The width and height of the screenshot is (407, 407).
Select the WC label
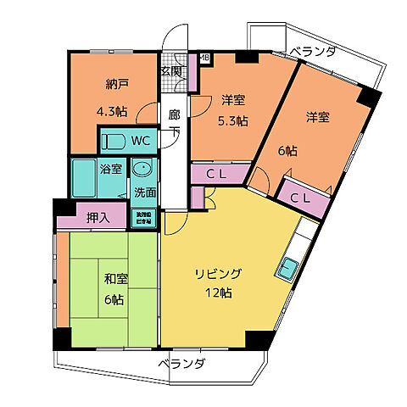pyautogui.click(x=141, y=140)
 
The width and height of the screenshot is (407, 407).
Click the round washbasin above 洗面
pyautogui.click(x=143, y=168)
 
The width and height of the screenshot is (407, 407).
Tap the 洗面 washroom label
pyautogui.click(x=144, y=192)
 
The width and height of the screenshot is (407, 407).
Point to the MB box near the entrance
pyautogui.click(x=204, y=59)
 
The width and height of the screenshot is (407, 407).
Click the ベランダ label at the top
pyautogui.click(x=310, y=53)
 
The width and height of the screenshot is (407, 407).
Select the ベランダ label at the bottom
pyautogui.click(x=181, y=365)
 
